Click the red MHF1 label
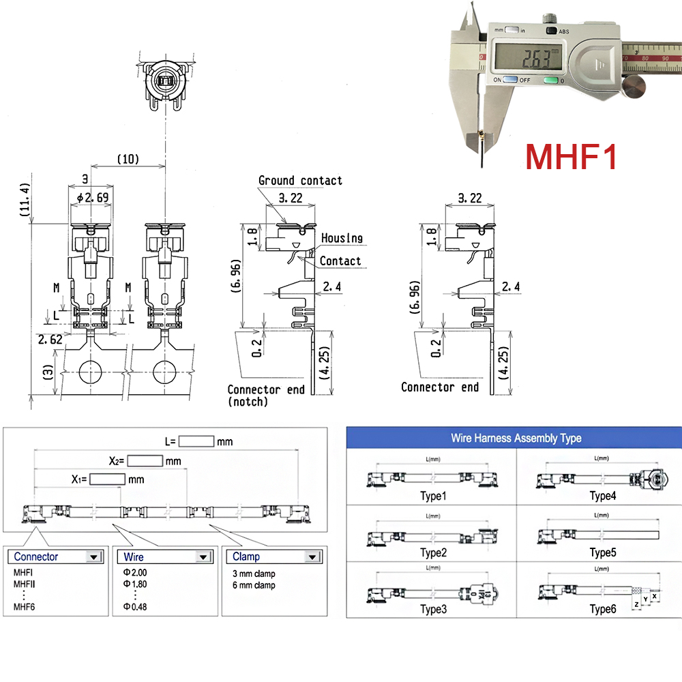pyautogui.click(x=572, y=155)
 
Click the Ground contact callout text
pyautogui.click(x=300, y=181)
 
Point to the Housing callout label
pyautogui.click(x=342, y=238)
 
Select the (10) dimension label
pyautogui.click(x=128, y=159)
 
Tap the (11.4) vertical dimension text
pyautogui.click(x=26, y=201)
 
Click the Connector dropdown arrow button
pyautogui.click(x=93, y=557)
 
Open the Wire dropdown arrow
pyautogui.click(x=203, y=557)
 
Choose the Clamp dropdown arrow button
pyautogui.click(x=312, y=557)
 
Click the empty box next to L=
pyautogui.click(x=197, y=441)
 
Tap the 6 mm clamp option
pyautogui.click(x=254, y=585)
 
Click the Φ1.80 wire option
pyautogui.click(x=135, y=584)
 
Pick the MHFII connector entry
pyautogui.click(x=25, y=584)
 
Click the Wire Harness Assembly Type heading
pyautogui.click(x=516, y=438)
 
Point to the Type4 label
pyautogui.click(x=603, y=496)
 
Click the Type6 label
pyautogui.click(x=603, y=608)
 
